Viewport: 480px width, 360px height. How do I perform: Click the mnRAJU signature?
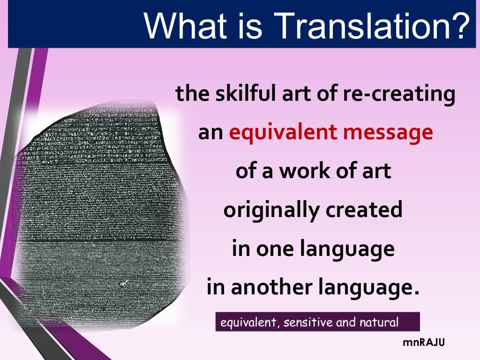[424, 343]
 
